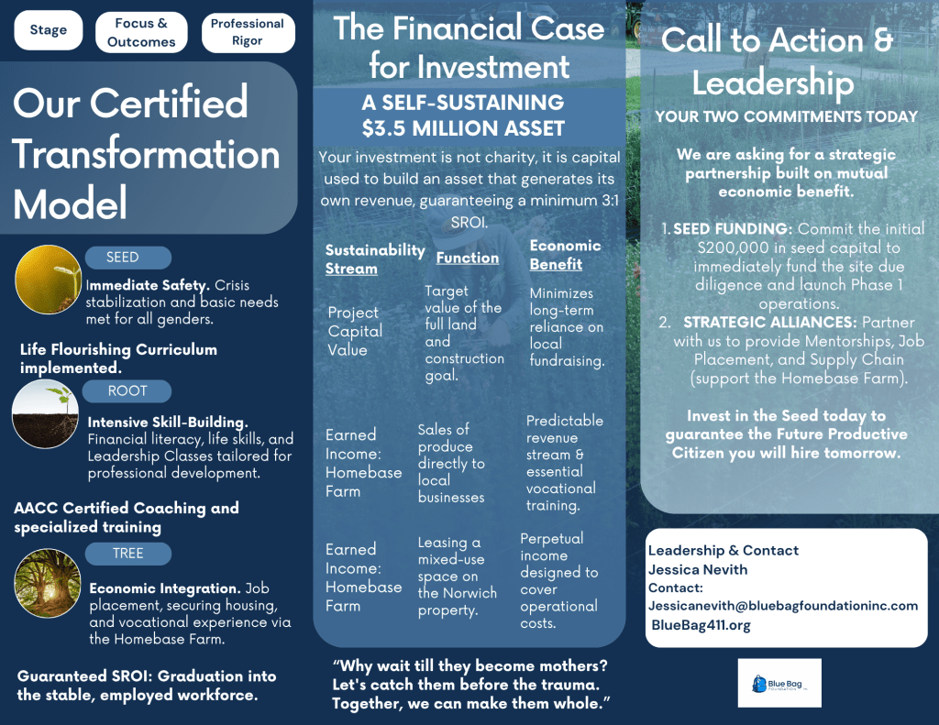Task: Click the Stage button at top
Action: point(49,30)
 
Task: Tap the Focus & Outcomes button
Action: point(141,32)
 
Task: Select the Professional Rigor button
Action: point(248,32)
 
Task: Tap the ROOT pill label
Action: point(127,391)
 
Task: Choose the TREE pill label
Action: point(127,553)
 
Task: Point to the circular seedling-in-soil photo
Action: point(46,414)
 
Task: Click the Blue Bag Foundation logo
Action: point(779,683)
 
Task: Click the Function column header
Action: point(468,258)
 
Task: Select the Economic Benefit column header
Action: point(565,255)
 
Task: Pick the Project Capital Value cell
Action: point(354,331)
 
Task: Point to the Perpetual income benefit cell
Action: point(558,580)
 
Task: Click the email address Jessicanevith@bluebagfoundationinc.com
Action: point(782,606)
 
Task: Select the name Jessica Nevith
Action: point(697,569)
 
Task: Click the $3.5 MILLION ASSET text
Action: point(462,127)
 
